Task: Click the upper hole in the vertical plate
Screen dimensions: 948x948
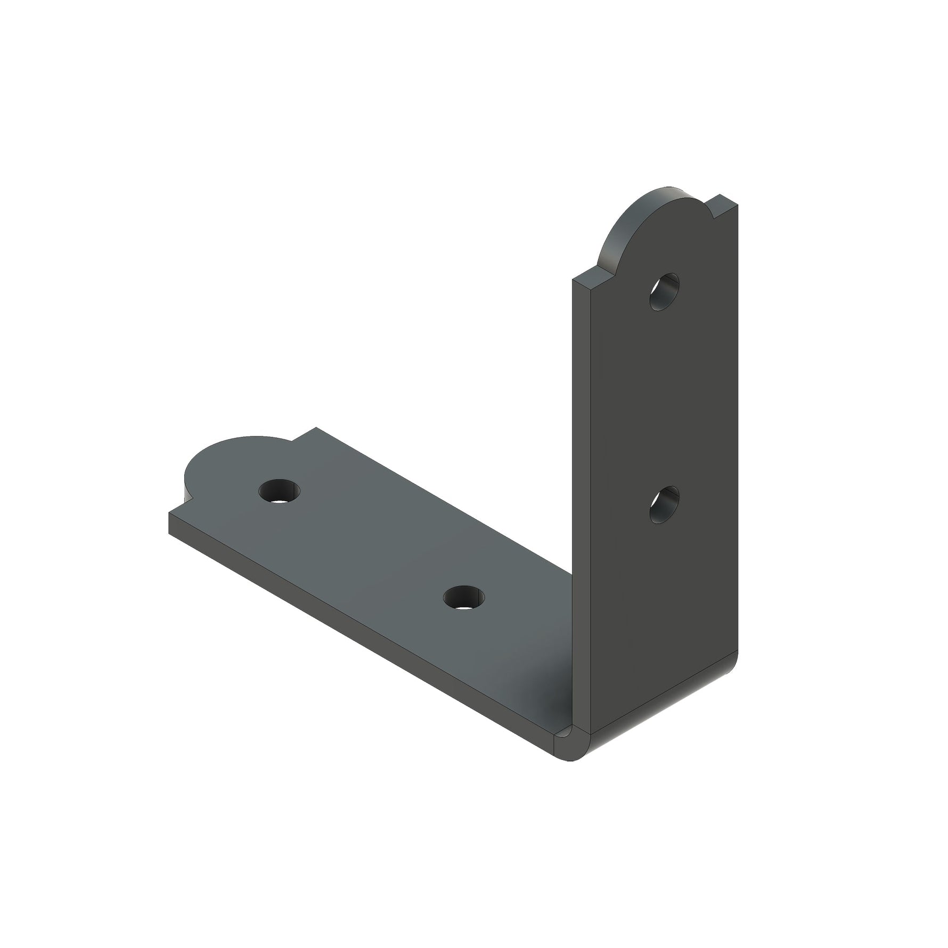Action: (x=664, y=291)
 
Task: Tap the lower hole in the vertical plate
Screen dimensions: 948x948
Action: (x=664, y=505)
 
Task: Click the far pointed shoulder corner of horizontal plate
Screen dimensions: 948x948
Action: (x=316, y=427)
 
